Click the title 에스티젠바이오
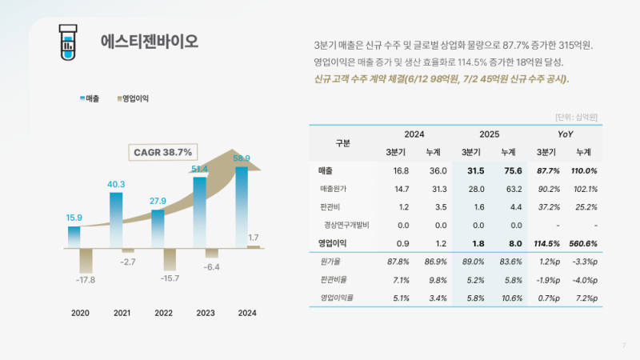[x=150, y=41]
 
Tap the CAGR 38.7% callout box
[x=163, y=152]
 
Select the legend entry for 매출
[x=90, y=98]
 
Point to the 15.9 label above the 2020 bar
[x=74, y=218]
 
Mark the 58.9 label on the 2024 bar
[x=242, y=158]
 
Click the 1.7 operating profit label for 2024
[x=254, y=238]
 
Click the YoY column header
[x=566, y=134]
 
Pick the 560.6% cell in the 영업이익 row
[x=583, y=243]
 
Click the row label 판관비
[x=329, y=207]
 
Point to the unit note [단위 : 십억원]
[x=577, y=118]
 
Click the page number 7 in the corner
[x=623, y=346]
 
